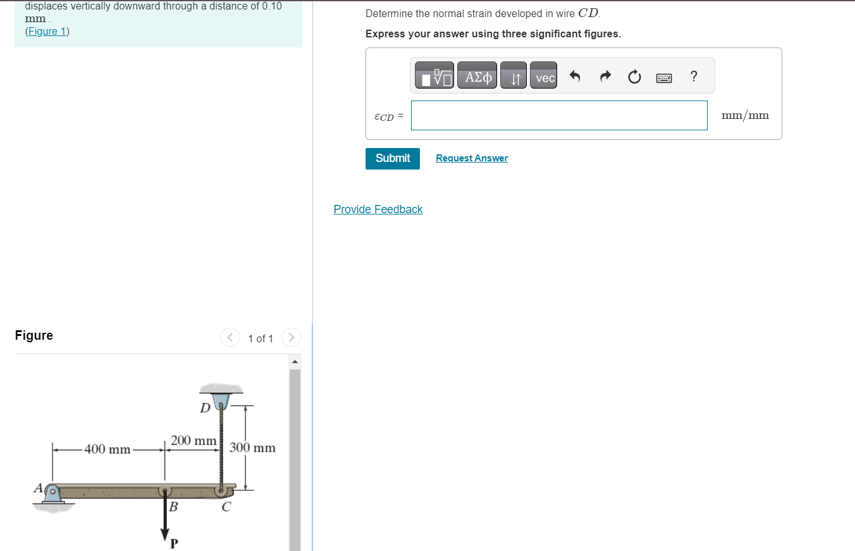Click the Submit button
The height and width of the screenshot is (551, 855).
tap(392, 158)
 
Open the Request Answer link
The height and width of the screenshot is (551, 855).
tap(471, 158)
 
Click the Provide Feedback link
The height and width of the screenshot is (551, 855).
tap(378, 209)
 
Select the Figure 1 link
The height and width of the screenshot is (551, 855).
tap(47, 32)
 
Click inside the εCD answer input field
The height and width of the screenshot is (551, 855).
tap(558, 116)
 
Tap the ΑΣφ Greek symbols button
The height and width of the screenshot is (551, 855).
tap(477, 77)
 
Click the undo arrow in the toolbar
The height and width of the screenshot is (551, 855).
tap(575, 77)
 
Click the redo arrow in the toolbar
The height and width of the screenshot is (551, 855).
tap(605, 77)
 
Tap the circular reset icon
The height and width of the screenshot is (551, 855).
tap(634, 77)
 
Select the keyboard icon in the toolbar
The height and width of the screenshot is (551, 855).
tap(664, 78)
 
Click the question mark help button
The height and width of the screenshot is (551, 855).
tap(694, 77)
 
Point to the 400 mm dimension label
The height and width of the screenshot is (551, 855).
tap(108, 450)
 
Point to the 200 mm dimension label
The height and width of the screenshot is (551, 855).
tap(194, 440)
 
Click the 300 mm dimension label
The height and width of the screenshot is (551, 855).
tap(252, 448)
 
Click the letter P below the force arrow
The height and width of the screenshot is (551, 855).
tap(175, 543)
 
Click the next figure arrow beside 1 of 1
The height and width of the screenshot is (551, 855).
tap(292, 338)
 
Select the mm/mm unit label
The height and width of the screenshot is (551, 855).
tap(745, 116)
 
